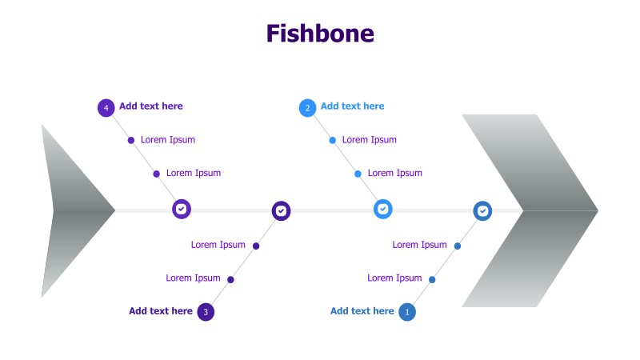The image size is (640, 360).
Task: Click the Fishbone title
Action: tap(320, 34)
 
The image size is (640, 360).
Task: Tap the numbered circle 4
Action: tap(106, 107)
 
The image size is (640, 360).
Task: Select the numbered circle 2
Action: tap(308, 107)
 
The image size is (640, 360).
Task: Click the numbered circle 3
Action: tap(206, 312)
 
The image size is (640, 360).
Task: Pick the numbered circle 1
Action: tap(407, 312)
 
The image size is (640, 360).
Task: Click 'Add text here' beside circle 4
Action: tap(151, 106)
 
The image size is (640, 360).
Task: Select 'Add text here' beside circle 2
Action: tap(353, 106)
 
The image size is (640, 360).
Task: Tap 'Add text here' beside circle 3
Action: tap(161, 311)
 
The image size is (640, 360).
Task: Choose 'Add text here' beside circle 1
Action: tap(362, 311)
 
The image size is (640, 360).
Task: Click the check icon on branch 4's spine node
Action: tap(182, 209)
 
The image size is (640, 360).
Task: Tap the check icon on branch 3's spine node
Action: tap(281, 211)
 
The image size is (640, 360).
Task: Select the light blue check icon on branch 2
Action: tap(383, 209)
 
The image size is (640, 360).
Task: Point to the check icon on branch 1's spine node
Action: tap(482, 211)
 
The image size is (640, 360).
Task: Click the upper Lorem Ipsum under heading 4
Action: tap(168, 140)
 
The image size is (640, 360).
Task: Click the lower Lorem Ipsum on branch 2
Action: tap(395, 174)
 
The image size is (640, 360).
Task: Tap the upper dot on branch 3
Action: tap(256, 246)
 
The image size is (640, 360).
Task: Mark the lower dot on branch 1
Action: tap(432, 279)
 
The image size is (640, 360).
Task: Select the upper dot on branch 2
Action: tap(333, 140)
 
